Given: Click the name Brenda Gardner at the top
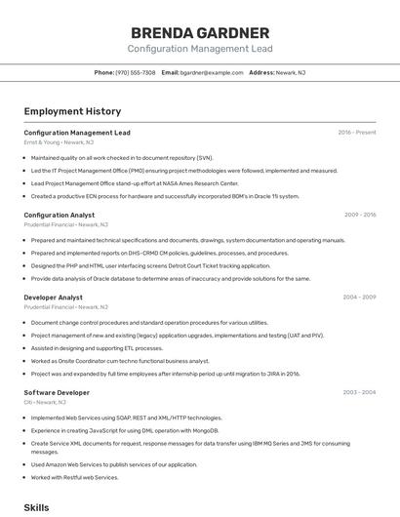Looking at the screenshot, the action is (x=199, y=32).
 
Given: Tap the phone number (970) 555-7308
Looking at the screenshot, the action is (x=135, y=72).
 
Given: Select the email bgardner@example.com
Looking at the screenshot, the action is (x=211, y=72).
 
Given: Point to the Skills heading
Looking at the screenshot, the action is (x=36, y=508).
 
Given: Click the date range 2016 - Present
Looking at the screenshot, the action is (x=356, y=133).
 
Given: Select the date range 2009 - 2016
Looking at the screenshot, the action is (x=359, y=215).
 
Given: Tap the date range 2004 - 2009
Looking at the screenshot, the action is (x=359, y=297).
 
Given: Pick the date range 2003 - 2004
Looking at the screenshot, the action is (x=359, y=392).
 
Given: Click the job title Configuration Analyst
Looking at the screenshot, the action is (x=59, y=215).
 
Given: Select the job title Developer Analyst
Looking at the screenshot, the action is (x=53, y=297).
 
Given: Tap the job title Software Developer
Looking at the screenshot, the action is (x=57, y=392).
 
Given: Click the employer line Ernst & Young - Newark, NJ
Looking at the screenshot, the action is (x=60, y=142).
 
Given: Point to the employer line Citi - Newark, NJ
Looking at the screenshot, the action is (x=45, y=402).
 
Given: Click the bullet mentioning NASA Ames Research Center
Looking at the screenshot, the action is (x=135, y=182).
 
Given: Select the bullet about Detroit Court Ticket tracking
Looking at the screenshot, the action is (x=150, y=265).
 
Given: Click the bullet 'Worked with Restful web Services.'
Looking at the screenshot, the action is (x=74, y=477).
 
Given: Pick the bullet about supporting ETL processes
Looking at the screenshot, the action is (x=97, y=347).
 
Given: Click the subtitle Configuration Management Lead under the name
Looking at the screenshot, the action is (x=199, y=49).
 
